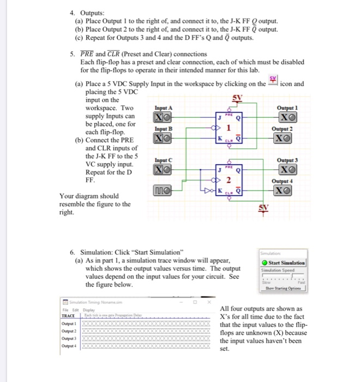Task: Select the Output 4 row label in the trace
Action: click(x=68, y=345)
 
